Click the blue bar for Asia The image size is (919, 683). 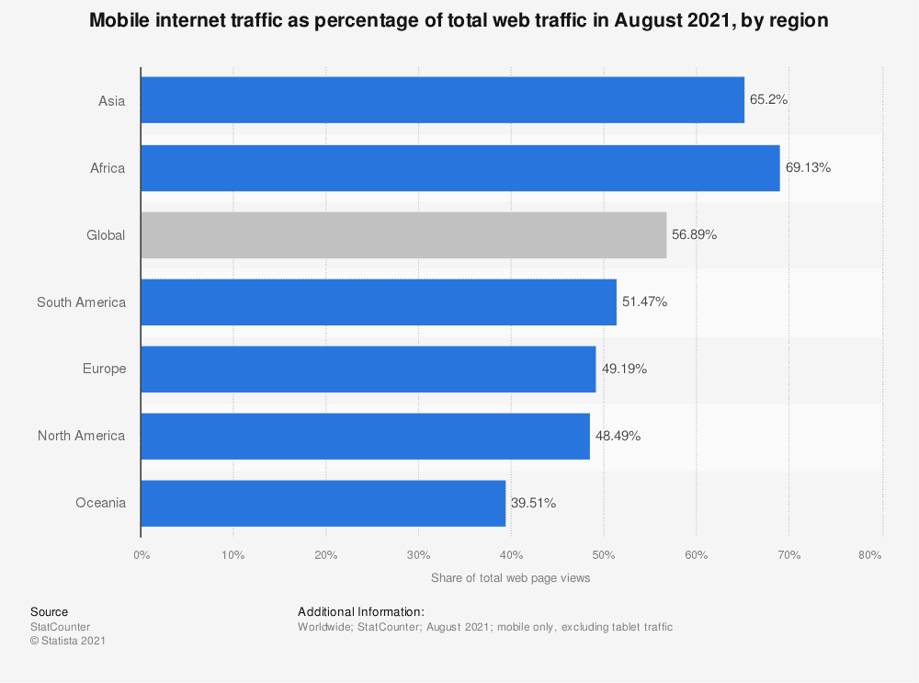click(x=443, y=100)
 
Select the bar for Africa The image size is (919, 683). click(x=460, y=168)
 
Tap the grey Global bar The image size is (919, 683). click(x=403, y=235)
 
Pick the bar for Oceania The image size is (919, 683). click(x=323, y=504)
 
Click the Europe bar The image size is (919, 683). click(x=369, y=370)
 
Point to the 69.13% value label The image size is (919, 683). click(x=808, y=167)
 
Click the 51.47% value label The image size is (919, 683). click(x=645, y=302)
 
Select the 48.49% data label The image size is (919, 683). click(x=618, y=436)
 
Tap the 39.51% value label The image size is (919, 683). click(x=533, y=503)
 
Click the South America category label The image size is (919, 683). click(x=82, y=302)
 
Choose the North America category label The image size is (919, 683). click(x=82, y=436)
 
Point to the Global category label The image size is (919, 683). click(x=106, y=235)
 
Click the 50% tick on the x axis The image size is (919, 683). click(x=604, y=555)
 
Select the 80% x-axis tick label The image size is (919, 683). click(x=869, y=555)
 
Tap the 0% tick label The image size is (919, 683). click(x=142, y=555)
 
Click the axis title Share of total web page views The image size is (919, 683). click(x=510, y=578)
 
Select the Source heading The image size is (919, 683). click(x=50, y=612)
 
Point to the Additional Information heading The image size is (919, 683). click(x=361, y=612)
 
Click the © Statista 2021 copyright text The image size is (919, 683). click(x=68, y=641)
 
